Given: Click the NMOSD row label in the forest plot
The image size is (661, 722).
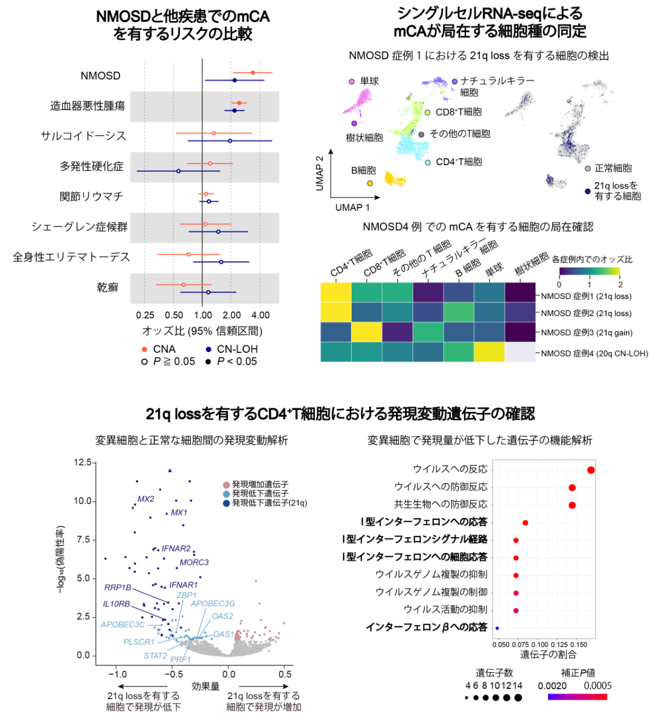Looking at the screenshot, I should point(100,76).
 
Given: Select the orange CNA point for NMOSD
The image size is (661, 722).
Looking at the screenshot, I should point(252,73).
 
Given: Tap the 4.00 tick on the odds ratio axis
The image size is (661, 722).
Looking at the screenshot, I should point(261,315).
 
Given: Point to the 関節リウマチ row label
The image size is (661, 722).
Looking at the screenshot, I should point(91,196).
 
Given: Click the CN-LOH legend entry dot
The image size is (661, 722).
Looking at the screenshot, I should point(209,350).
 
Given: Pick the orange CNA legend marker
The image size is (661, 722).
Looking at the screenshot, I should point(144,350).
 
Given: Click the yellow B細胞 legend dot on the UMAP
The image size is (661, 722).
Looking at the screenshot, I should point(370,183).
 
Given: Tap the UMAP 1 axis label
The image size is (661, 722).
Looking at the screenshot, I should point(352,208).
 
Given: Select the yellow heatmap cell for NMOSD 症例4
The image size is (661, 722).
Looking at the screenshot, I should point(489,352).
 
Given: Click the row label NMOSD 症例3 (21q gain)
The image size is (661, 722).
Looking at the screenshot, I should point(586,333).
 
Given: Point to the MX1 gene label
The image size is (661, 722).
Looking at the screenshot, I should point(179,513).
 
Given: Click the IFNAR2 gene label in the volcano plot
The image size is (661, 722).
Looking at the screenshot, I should point(176,549).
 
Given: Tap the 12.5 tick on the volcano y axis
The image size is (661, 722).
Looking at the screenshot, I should point(83,462).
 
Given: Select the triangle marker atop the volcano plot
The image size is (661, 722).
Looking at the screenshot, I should point(170,470).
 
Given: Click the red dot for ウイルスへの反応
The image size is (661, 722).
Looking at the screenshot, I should point(591,470).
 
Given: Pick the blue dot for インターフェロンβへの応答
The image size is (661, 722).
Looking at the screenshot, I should point(497,628).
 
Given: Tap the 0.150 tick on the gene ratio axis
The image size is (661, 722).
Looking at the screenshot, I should point(579,644).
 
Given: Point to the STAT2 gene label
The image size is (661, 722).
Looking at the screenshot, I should point(155,656).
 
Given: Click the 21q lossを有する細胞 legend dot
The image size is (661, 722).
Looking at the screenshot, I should point(588,191).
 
